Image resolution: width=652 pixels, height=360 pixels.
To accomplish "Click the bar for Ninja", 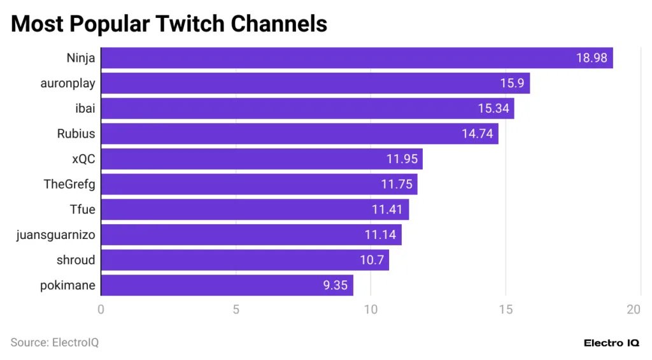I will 357,58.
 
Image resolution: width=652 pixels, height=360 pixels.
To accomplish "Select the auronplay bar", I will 315,83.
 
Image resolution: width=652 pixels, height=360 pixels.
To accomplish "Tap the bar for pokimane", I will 227,285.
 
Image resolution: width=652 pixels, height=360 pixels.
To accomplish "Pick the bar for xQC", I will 261,159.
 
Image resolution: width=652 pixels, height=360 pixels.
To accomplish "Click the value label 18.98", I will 592,58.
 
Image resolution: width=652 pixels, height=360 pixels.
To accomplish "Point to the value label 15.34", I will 493,109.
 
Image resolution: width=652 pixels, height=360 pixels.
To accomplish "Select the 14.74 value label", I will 478,134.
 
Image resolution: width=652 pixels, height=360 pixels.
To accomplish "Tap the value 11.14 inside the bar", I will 381,235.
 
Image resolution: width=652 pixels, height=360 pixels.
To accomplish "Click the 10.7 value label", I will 371,260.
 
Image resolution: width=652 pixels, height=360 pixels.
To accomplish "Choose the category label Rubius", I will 76,134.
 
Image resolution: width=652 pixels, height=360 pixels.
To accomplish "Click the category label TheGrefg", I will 69,184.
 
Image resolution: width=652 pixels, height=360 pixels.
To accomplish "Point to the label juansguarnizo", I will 56,235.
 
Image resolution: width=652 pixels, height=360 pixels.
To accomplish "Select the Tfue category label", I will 82,210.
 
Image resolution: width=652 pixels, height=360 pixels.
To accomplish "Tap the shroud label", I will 76,260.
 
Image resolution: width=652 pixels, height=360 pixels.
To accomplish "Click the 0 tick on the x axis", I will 101,310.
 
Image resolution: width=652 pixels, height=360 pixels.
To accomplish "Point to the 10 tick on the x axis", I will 371,310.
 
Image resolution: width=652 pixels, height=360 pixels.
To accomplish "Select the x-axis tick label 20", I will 634,310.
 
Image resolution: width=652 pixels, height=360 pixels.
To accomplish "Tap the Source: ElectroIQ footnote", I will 55,343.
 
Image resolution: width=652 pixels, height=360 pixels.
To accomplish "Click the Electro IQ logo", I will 611,343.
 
